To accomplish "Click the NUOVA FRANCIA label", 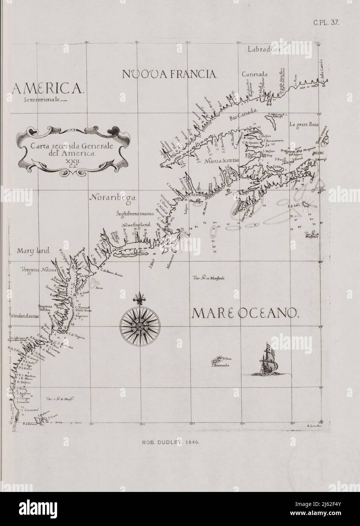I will pyautogui.click(x=170, y=74).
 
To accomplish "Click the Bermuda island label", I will pyautogui.click(x=222, y=366).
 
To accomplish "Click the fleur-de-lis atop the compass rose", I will pyautogui.click(x=140, y=297).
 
